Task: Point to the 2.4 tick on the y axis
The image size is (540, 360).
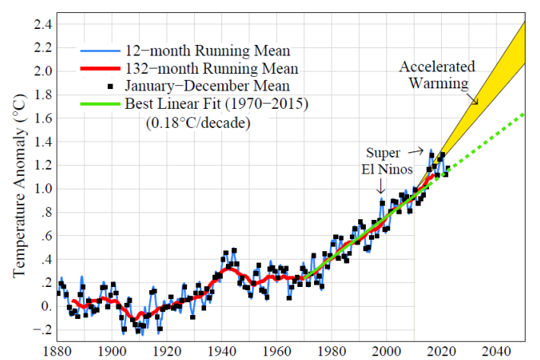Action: coord(41,24)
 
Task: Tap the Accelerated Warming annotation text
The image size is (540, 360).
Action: coord(437,74)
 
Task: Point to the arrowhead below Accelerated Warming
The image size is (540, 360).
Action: coord(478,101)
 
